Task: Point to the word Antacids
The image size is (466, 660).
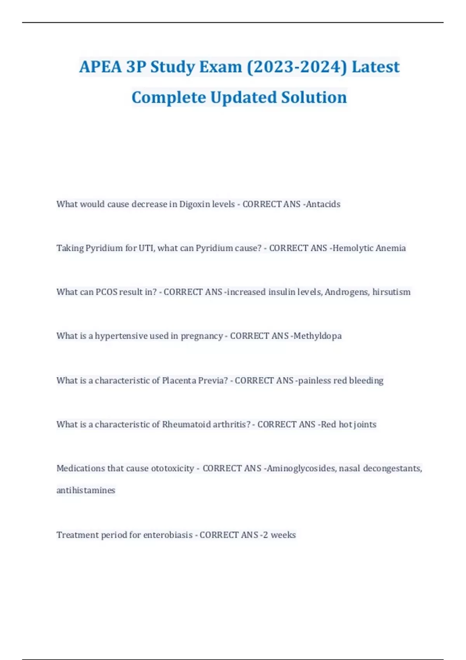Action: click(x=323, y=204)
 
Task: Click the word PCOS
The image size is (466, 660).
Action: click(x=106, y=292)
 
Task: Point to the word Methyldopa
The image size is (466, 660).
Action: click(x=318, y=336)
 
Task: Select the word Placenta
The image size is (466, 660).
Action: click(x=179, y=380)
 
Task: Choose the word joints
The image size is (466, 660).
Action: click(x=365, y=424)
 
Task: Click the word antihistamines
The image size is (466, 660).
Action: click(x=86, y=490)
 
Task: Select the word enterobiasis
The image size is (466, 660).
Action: click(x=168, y=535)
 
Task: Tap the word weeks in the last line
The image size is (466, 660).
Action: click(x=283, y=535)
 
